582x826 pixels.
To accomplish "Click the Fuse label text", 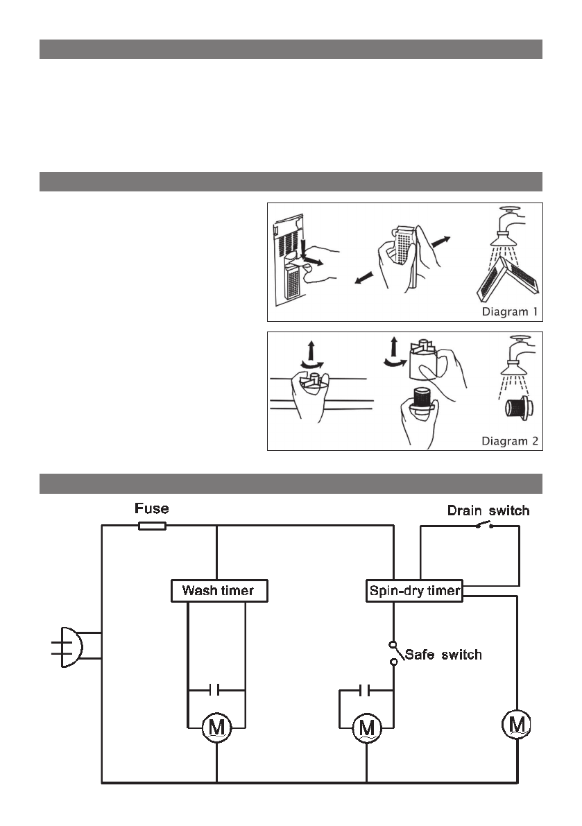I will (x=151, y=509).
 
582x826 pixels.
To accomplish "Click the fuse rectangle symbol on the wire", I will (x=152, y=526).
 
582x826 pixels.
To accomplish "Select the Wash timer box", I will (x=217, y=591).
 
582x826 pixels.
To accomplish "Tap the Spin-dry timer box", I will (x=413, y=591).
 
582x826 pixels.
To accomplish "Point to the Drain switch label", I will (x=488, y=511).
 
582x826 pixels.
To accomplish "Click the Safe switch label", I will (x=443, y=654).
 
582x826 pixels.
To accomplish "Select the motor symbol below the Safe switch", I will (x=366, y=728).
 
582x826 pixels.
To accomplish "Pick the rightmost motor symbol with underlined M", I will (x=517, y=725).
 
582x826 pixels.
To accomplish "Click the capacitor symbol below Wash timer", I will (x=216, y=690).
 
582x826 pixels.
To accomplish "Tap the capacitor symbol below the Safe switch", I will (x=366, y=690).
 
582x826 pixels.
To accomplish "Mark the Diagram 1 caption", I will (x=510, y=311).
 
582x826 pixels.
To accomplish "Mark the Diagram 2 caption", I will (x=510, y=440).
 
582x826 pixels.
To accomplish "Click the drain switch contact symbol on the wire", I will (x=484, y=526).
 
